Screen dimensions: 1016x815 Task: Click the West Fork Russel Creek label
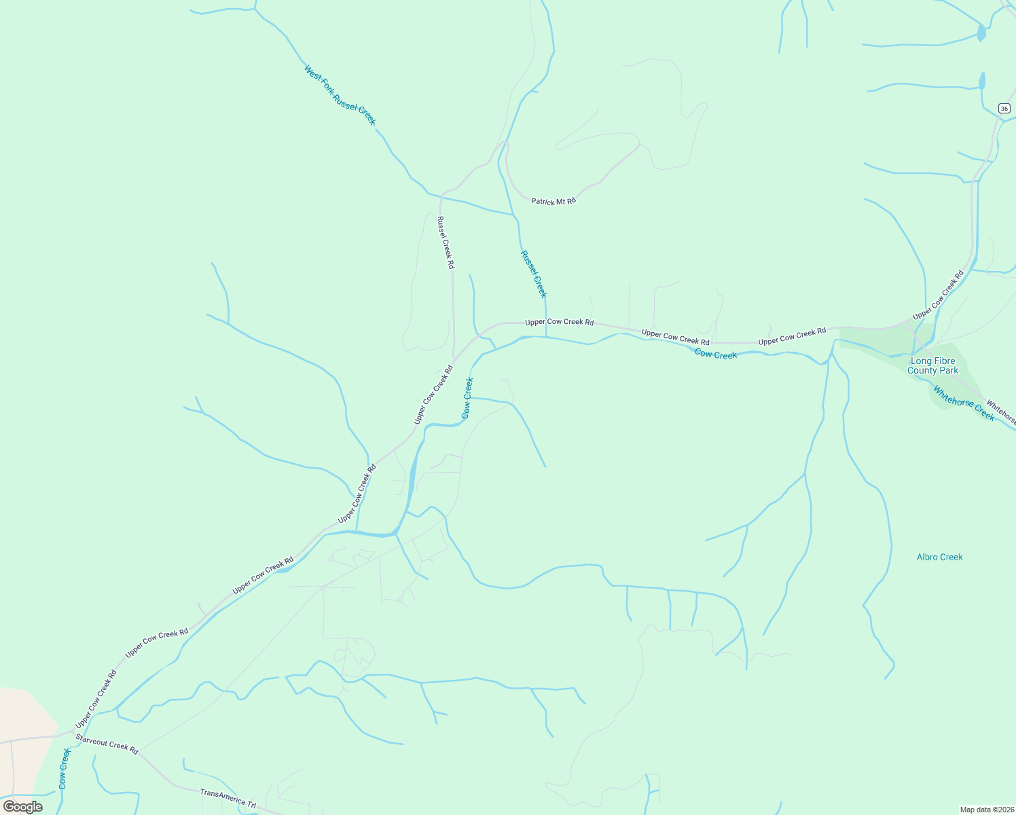tap(340, 95)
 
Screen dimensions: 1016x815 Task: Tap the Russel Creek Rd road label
tap(446, 242)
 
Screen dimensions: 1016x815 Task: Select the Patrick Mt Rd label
tap(553, 201)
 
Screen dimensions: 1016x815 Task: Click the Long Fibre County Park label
tap(932, 365)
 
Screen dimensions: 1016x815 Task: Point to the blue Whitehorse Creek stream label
tap(963, 403)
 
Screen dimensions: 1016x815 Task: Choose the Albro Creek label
tap(939, 557)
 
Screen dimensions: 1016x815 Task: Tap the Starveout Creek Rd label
tap(107, 744)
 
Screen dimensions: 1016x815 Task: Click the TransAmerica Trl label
tap(228, 798)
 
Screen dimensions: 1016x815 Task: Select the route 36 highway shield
tap(1004, 109)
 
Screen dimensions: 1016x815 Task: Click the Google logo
tap(23, 806)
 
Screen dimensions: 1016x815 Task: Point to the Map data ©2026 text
tap(987, 810)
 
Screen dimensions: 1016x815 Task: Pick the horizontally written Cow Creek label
tap(715, 354)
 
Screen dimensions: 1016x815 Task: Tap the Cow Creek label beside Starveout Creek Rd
tap(63, 768)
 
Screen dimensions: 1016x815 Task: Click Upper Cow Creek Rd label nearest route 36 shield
tap(938, 295)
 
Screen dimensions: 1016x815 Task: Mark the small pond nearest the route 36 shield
tap(982, 81)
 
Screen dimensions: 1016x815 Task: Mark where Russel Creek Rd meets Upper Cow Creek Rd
tap(454, 356)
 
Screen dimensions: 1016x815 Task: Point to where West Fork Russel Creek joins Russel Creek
tap(515, 215)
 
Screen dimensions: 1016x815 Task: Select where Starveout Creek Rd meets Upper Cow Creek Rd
tap(73, 733)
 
